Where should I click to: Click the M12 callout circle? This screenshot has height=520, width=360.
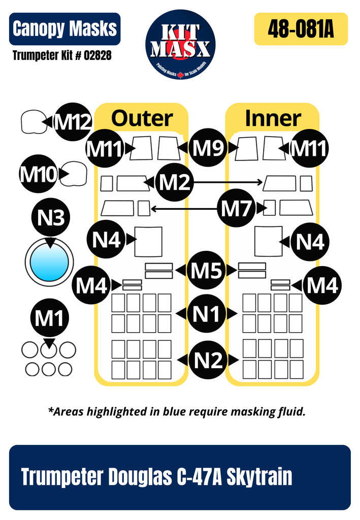[72, 122]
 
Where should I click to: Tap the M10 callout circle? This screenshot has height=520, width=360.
[38, 175]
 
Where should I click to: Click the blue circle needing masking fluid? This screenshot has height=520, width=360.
[49, 263]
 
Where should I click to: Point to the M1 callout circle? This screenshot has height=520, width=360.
[49, 319]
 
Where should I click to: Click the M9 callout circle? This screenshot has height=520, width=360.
[208, 148]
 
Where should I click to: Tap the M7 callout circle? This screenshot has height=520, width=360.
[237, 208]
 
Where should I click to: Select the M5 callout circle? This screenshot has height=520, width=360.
[206, 270]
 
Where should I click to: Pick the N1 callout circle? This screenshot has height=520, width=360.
[206, 314]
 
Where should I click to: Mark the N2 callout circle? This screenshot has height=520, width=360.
[208, 360]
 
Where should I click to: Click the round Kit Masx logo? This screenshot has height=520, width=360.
[180, 44]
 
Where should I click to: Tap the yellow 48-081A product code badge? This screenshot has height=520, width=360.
[301, 29]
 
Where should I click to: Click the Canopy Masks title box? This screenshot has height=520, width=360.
[64, 29]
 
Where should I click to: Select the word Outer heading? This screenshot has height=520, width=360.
[142, 118]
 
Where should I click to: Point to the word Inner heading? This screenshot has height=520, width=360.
[273, 118]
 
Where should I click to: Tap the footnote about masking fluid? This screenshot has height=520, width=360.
[177, 412]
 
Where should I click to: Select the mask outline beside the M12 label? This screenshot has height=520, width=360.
[33, 122]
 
